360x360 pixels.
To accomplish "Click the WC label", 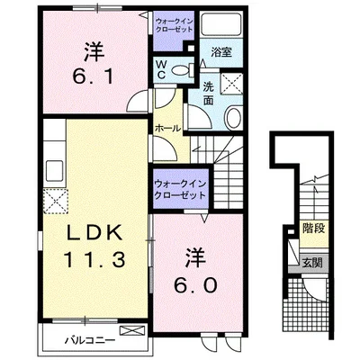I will tap(161, 70).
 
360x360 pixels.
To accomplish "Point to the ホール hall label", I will tap(167, 128).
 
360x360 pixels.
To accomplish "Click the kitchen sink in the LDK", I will tap(52, 170).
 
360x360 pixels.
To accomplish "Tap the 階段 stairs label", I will tap(313, 229).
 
